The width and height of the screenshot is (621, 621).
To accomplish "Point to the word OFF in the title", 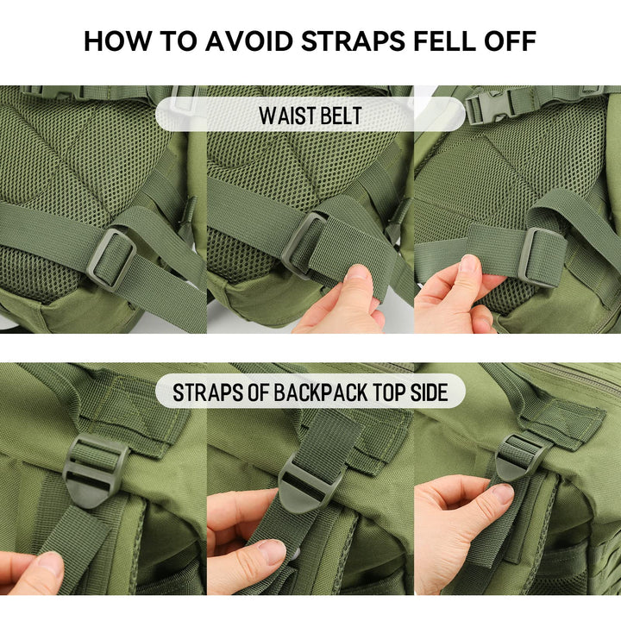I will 515,41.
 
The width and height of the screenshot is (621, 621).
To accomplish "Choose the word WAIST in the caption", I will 285,116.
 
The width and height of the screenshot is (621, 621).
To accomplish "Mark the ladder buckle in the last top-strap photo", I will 521,455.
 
